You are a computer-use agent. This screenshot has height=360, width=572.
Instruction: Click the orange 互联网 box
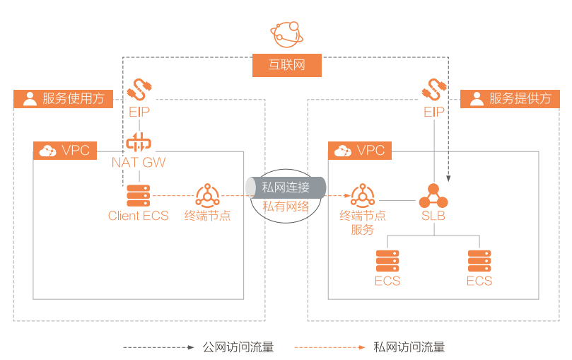pyautogui.click(x=287, y=66)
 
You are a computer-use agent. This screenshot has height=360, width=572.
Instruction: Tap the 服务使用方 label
pyautogui.click(x=63, y=98)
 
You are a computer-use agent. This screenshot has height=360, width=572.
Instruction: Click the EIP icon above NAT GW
pyautogui.click(x=139, y=90)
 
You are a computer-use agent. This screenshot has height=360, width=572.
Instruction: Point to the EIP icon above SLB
pyautogui.click(x=434, y=90)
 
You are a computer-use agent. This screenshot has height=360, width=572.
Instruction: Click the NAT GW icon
pyautogui.click(x=139, y=141)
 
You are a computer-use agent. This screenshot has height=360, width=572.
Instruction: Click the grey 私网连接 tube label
pyautogui.click(x=286, y=187)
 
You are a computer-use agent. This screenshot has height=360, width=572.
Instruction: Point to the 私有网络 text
pyautogui.click(x=286, y=207)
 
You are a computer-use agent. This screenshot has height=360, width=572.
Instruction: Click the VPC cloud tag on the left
pyautogui.click(x=65, y=150)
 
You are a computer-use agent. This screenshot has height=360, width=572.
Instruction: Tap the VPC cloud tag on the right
pyautogui.click(x=361, y=150)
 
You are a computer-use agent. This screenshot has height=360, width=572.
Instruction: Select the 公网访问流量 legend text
pyautogui.click(x=238, y=347)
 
